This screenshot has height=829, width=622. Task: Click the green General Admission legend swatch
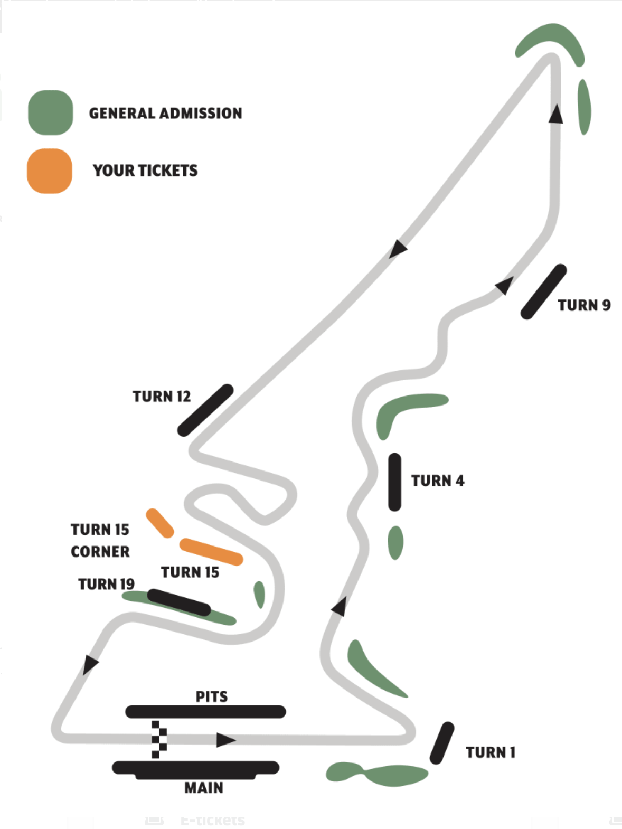51,112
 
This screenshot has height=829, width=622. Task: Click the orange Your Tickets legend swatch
50,171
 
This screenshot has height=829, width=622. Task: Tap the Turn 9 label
584,305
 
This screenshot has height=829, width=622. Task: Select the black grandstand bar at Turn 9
543,291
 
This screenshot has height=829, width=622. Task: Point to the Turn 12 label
161,397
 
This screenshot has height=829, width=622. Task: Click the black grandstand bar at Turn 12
205,410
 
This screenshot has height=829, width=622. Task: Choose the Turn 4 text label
438,481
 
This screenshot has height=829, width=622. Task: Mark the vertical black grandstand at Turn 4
394,482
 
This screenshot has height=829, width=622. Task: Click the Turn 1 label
490,752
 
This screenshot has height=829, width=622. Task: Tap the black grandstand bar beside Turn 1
442,743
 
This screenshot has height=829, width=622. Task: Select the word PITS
212,696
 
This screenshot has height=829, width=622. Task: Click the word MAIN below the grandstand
204,788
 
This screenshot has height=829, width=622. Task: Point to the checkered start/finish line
159,739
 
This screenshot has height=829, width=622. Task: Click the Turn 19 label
106,584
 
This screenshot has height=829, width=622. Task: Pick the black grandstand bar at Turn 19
178,602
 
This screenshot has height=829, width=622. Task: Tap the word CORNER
100,551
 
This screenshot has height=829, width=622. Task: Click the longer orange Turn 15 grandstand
211,552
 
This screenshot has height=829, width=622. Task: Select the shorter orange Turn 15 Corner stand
160,523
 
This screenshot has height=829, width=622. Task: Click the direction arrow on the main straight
225,740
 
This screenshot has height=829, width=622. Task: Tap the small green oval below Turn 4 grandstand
395,542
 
